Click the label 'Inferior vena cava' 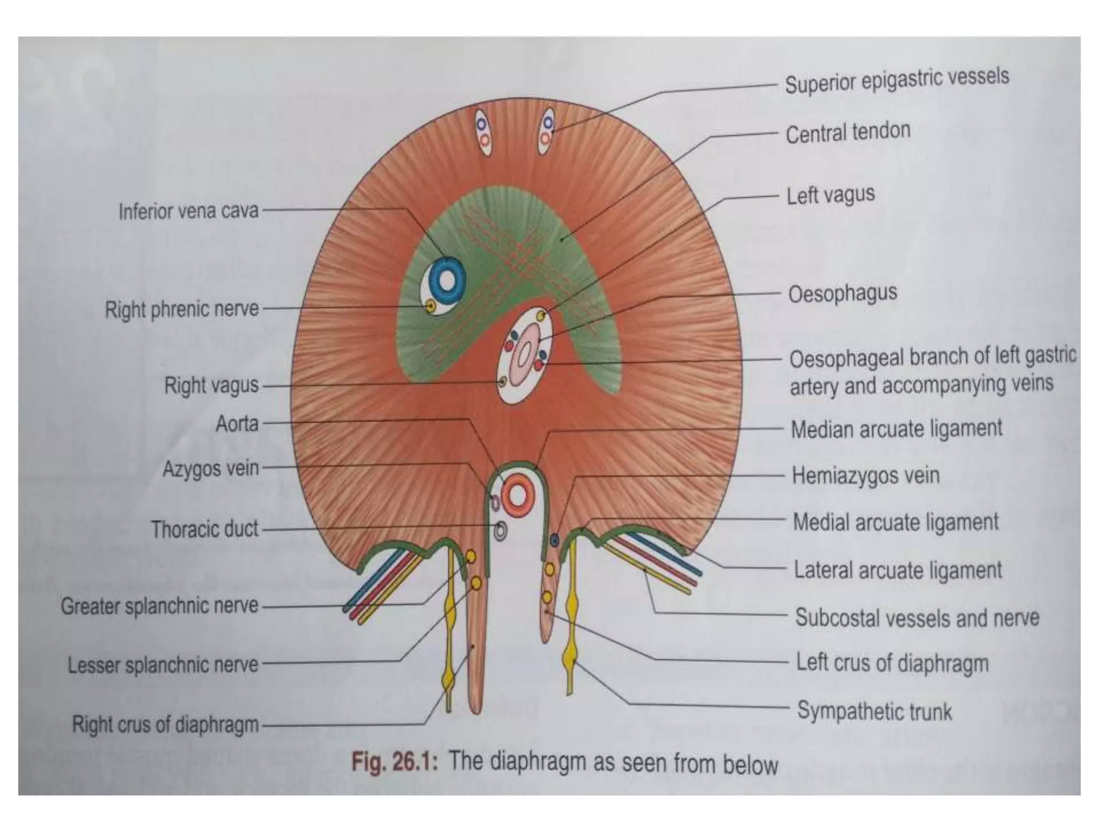pos(188,212)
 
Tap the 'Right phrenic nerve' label pos(181,310)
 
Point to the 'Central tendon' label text pos(848,133)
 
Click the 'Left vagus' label pos(830,195)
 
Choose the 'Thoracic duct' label pos(204,530)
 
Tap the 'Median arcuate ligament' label pos(896,429)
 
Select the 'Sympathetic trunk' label pos(874,711)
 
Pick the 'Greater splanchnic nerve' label pos(159,606)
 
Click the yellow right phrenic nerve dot pos(430,307)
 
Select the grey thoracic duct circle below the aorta pos(500,531)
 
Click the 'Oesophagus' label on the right pos(842,294)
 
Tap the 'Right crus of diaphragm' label pos(165,725)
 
